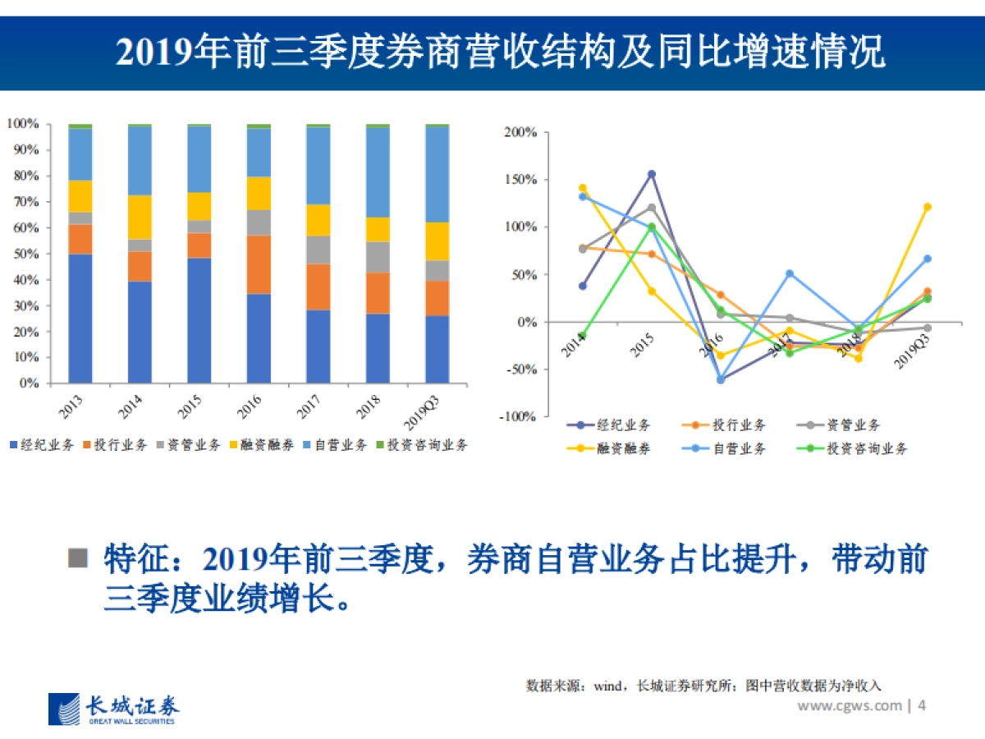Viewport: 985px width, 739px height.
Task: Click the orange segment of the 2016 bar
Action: point(259,264)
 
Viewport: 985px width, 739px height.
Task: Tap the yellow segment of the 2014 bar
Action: point(140,217)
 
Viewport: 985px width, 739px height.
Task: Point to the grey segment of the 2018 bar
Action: point(378,257)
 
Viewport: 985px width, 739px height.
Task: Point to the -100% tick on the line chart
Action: point(519,416)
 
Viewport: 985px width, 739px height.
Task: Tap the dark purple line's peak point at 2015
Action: point(652,174)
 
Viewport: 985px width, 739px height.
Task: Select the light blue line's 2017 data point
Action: point(790,273)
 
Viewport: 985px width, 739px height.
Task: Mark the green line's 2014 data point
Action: point(583,336)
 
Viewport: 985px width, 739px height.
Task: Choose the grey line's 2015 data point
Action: point(652,208)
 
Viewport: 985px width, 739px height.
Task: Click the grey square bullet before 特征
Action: point(77,558)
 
